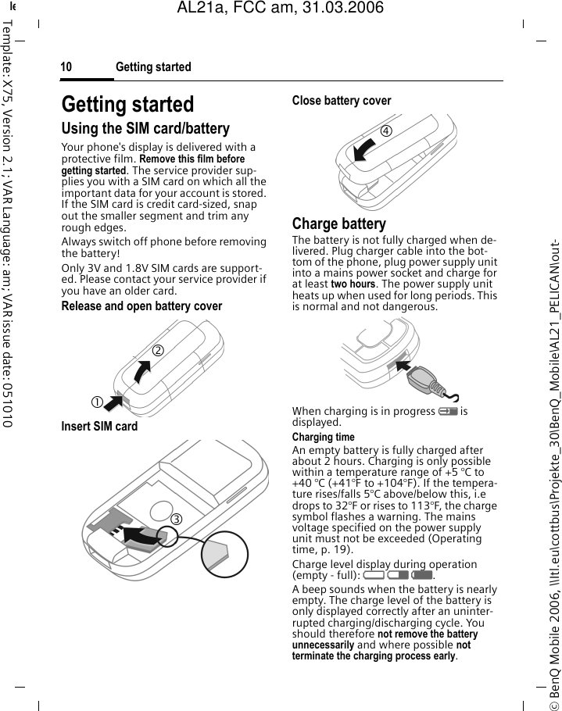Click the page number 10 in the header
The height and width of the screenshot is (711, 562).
tap(66, 67)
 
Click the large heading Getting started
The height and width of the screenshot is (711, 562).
tap(127, 105)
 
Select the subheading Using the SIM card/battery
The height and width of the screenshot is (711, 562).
tap(145, 129)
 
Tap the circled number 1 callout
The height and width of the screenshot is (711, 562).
tap(96, 402)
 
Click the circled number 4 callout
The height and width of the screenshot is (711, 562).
tap(386, 130)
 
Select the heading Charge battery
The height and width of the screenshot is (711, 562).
tap(338, 224)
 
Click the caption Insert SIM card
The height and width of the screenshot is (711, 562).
tap(99, 427)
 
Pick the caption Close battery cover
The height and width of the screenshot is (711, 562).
tap(342, 101)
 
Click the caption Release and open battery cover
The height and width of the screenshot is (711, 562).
tap(141, 306)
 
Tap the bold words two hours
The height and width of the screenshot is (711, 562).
tap(353, 284)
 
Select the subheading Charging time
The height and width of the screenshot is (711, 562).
tap(323, 438)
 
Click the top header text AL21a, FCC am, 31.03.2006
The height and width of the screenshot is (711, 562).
tap(281, 8)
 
